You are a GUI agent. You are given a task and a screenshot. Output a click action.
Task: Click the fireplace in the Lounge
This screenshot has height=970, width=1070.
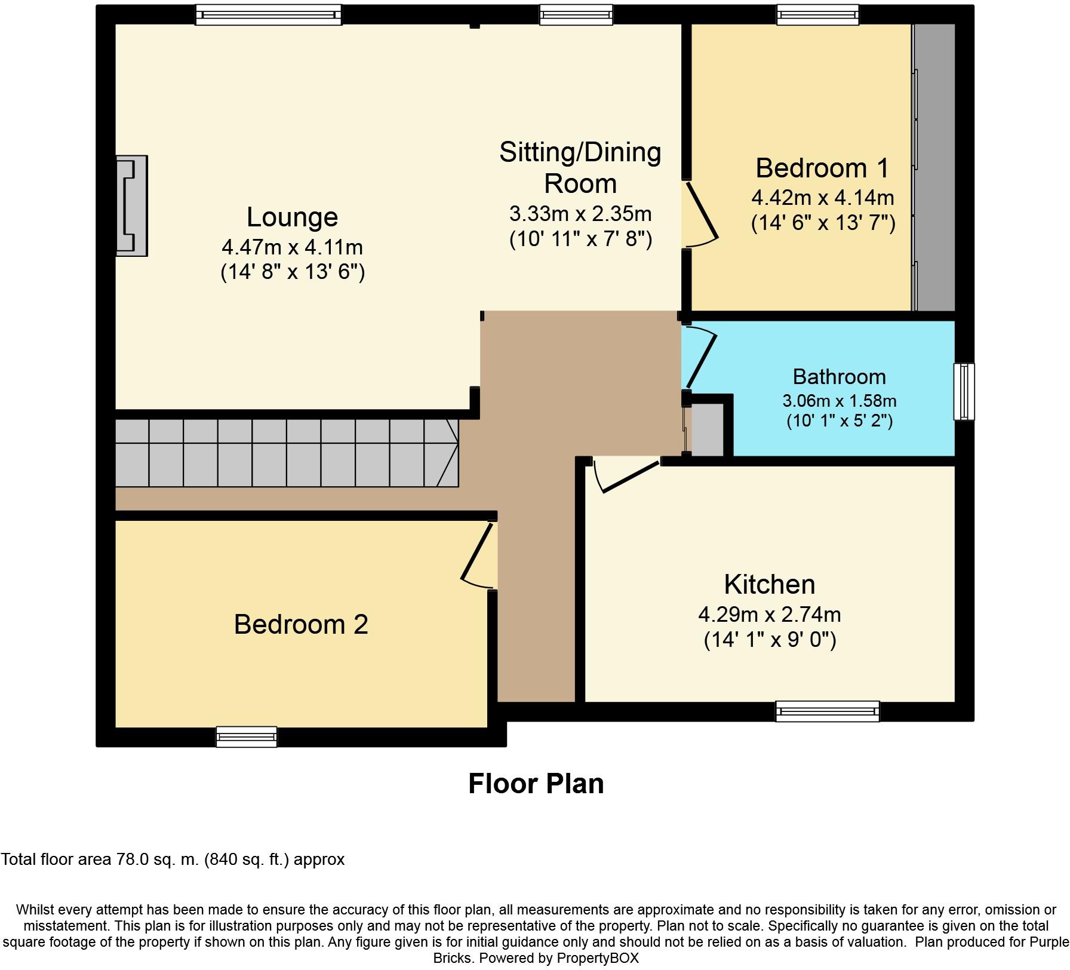click(x=132, y=206)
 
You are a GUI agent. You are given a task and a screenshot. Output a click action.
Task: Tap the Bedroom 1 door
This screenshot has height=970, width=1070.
click(x=702, y=210)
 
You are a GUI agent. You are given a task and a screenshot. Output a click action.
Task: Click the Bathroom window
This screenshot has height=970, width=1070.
click(x=963, y=391)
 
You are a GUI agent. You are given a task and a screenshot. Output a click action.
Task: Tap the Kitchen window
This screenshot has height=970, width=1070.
click(x=827, y=711)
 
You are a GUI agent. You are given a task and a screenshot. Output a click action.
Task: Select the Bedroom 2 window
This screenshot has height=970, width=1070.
click(x=247, y=736)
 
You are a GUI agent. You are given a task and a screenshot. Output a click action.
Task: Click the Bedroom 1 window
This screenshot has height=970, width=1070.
click(x=817, y=15)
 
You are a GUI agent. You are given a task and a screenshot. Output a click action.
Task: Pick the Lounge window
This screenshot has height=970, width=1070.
click(x=269, y=15)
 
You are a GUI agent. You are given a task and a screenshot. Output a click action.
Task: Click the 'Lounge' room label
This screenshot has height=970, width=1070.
click(x=292, y=217)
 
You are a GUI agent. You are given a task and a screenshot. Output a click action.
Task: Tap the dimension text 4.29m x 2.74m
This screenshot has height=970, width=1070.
click(x=770, y=614)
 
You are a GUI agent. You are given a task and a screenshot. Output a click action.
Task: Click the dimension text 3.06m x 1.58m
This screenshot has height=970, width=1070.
click(x=839, y=401)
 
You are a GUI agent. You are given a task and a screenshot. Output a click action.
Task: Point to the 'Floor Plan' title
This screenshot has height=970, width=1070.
click(x=536, y=784)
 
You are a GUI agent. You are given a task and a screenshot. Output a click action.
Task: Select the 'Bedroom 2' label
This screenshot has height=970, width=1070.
click(x=301, y=625)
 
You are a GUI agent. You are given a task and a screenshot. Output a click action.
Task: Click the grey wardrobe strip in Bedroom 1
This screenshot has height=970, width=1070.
click(x=935, y=167)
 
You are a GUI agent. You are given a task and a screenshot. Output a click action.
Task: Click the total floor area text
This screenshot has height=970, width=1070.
click(x=173, y=860)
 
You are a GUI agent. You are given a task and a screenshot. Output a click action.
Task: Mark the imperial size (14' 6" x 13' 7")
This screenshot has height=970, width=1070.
click(x=823, y=223)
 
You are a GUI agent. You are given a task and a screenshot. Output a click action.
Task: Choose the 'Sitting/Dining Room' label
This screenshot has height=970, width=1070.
click(x=580, y=168)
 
